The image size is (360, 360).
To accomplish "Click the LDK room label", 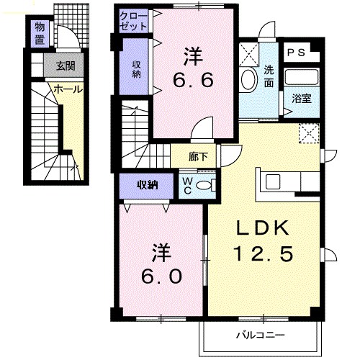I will click(264, 229).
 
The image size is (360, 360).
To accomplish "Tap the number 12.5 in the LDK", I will click(264, 253).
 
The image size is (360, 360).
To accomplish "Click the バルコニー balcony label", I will click(261, 336).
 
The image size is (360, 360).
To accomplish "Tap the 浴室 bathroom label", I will click(301, 99).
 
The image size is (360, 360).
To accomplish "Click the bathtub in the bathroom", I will click(300, 77).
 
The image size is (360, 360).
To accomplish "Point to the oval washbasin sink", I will click(248, 79).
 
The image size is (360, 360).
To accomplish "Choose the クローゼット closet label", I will click(134, 20).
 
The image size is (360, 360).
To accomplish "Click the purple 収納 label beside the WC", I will click(148, 186).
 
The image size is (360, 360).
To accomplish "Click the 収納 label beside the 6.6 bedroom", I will click(135, 68).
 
